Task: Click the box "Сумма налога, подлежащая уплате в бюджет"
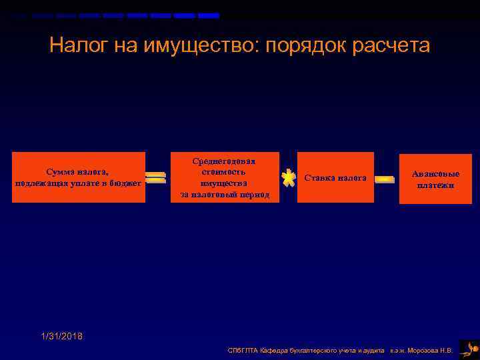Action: click(79, 177)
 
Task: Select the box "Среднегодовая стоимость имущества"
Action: click(225, 177)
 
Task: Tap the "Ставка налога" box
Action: click(335, 177)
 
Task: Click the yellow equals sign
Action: click(155, 178)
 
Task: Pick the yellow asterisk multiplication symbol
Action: click(288, 178)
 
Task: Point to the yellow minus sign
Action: click(385, 179)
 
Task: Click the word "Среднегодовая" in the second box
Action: click(225, 161)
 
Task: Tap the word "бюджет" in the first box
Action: click(126, 183)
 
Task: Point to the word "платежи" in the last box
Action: click(435, 185)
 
